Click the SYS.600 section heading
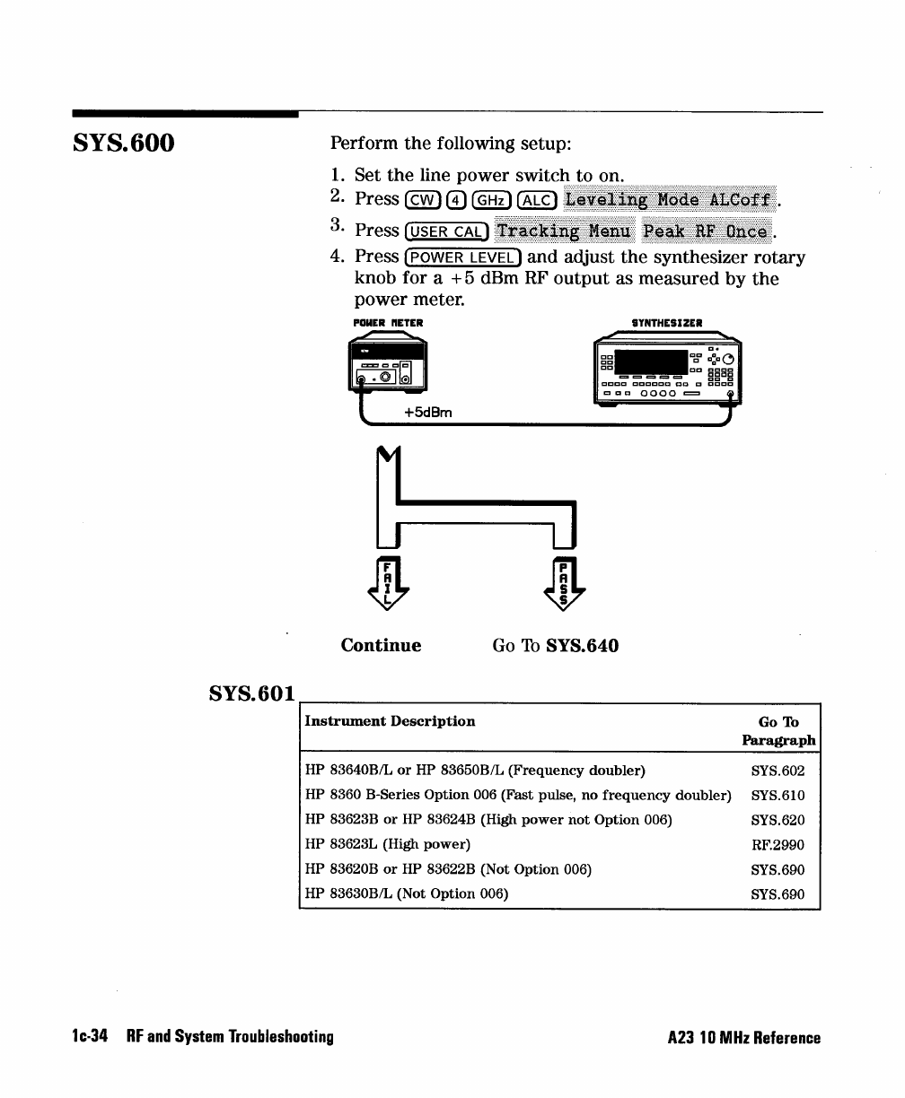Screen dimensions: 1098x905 (x=124, y=144)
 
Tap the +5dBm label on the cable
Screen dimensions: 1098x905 (x=427, y=413)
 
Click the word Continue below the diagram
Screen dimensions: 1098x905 (x=381, y=646)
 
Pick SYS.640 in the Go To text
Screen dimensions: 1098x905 (x=582, y=646)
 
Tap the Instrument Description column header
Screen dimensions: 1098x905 (x=390, y=721)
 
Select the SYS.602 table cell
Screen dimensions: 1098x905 (x=778, y=771)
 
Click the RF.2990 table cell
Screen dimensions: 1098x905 (x=778, y=844)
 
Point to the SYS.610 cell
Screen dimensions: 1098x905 (x=778, y=795)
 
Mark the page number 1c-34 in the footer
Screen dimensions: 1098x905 (x=90, y=1037)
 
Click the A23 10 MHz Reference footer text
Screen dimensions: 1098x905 (x=743, y=1038)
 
